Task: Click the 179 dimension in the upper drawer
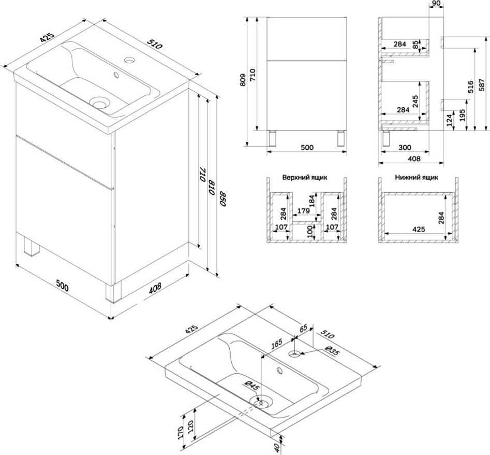click(303, 211)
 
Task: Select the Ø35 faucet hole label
click(332, 352)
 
